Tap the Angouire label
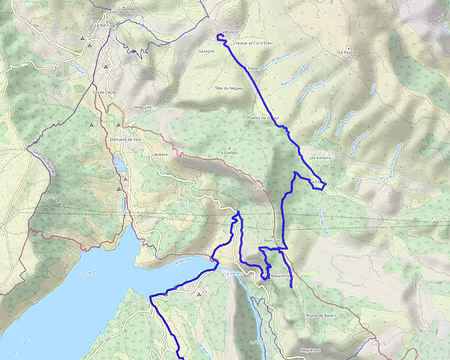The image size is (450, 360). [142, 108]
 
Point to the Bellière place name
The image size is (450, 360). [161, 155]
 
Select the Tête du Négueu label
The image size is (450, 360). [229, 87]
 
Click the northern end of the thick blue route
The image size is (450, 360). [218, 35]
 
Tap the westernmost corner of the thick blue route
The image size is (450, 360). [151, 297]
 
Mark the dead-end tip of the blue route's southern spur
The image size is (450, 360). [292, 286]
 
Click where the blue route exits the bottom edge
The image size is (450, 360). [179, 357]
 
